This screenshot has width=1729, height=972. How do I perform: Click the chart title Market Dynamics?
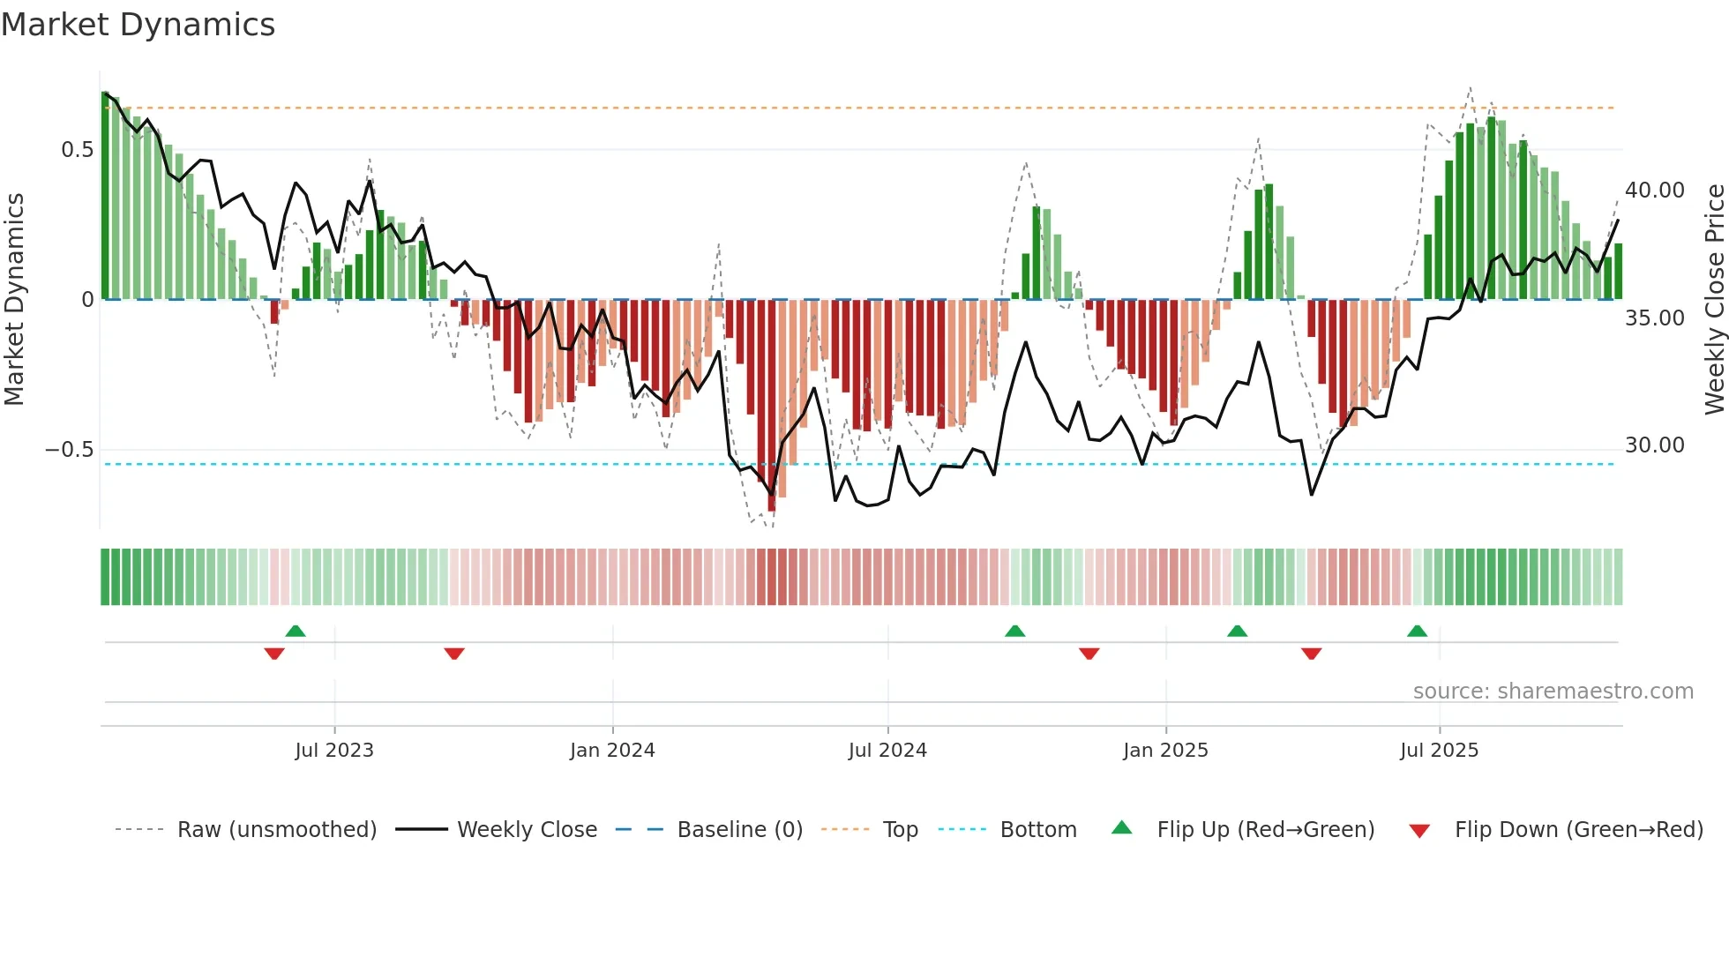[138, 25]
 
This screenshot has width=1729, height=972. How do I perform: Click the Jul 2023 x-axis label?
[334, 751]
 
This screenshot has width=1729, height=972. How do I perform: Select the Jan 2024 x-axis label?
[612, 751]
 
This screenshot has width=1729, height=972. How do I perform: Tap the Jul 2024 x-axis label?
[887, 751]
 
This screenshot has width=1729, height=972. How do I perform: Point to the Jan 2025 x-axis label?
[1165, 751]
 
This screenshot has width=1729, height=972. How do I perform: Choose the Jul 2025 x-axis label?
[1439, 751]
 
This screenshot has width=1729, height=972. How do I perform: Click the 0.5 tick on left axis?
[77, 150]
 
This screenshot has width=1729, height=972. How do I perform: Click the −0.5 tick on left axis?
[69, 450]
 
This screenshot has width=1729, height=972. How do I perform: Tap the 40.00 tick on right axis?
[1655, 191]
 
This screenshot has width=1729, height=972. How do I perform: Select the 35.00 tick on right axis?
[1655, 318]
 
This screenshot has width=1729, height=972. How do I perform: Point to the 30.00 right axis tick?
[1655, 445]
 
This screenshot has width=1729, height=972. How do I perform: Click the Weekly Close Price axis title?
[1714, 299]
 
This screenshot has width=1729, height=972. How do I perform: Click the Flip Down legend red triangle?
[1419, 831]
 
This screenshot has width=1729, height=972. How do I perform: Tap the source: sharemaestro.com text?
[1553, 692]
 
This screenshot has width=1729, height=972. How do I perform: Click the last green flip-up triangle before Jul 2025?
[1417, 632]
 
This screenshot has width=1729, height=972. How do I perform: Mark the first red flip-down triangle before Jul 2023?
[274, 654]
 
